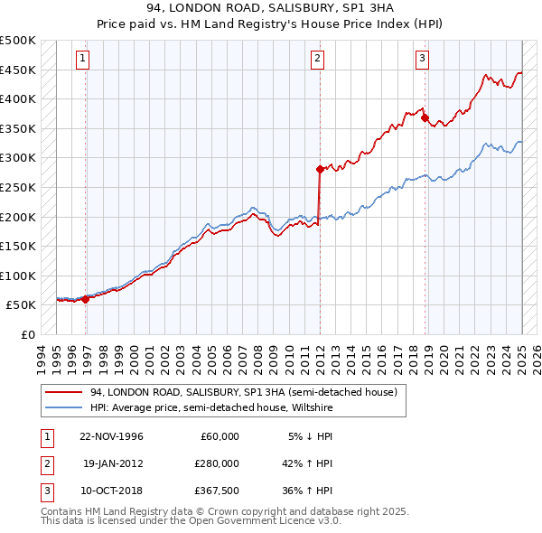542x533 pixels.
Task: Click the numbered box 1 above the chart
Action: point(82,60)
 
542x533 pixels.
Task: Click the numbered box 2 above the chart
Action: point(318,60)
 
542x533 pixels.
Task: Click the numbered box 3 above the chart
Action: point(422,60)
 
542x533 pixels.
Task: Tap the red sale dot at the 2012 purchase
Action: point(320,169)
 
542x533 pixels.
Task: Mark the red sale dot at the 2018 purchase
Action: point(425,117)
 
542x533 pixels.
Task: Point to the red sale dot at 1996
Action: point(86,299)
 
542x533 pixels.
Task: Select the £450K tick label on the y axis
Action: point(18,70)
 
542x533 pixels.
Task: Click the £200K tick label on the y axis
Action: point(18,217)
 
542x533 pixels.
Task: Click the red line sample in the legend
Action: point(63,393)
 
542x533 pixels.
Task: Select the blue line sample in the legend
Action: point(63,407)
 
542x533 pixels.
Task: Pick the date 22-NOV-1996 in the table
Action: point(112,436)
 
